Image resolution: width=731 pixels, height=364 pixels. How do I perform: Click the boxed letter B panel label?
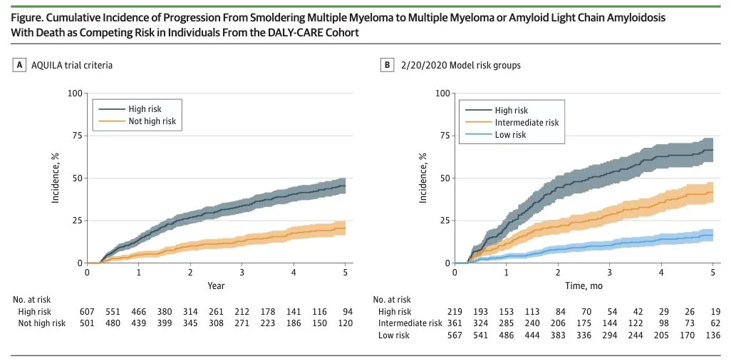point(387,65)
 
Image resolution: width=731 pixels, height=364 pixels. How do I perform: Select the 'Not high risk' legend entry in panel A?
point(152,122)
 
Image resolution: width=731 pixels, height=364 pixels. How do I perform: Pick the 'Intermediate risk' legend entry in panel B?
point(527,122)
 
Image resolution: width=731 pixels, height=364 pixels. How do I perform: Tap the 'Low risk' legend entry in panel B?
point(510,134)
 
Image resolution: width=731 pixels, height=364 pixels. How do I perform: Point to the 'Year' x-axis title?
point(216,285)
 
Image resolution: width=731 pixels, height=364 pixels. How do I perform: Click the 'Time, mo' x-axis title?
point(584,285)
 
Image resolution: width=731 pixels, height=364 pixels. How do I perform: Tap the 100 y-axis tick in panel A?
point(73,93)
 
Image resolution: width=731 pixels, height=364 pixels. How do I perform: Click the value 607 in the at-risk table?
point(87,312)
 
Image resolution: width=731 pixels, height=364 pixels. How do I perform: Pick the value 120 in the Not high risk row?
point(345,323)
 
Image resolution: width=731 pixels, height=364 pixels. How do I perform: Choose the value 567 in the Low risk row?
point(455,335)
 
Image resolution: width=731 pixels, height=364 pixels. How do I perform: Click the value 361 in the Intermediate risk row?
point(455,323)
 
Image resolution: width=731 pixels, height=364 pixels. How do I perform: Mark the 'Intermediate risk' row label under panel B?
point(411,323)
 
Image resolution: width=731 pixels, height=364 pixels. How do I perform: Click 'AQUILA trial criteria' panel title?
point(71,65)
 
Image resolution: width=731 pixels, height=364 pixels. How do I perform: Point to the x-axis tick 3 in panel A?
point(242,273)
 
